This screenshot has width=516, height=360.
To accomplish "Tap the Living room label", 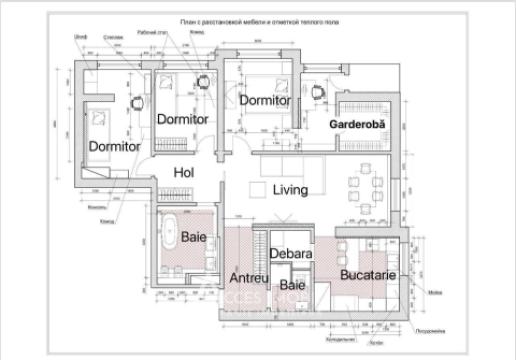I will tap(291, 190).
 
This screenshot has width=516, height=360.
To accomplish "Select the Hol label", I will tap(183, 172).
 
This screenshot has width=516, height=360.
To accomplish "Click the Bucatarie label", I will tap(367, 273).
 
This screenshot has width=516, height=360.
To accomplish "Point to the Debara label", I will tap(292, 254).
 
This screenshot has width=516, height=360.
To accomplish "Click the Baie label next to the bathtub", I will tap(195, 236).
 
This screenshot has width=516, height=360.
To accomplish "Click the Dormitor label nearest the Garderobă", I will tap(265, 100).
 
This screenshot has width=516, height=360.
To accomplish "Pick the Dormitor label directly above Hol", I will tap(183, 119).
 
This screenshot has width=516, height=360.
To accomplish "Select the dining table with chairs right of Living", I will tap(362, 187).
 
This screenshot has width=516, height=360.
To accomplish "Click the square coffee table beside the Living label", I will tap(257, 189).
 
